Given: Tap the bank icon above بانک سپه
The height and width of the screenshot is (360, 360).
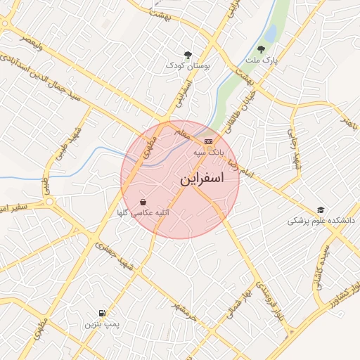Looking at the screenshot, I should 207,141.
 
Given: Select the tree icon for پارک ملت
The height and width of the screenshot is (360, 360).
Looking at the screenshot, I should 261,50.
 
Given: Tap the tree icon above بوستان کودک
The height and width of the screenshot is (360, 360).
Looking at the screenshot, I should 188,54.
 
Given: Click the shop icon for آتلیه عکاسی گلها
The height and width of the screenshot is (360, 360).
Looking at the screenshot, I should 143,201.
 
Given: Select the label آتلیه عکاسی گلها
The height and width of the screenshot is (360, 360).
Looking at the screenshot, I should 141,212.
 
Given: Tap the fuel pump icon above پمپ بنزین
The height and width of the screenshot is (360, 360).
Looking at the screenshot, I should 103,313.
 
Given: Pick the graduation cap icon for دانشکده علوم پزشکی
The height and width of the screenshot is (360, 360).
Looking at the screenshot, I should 321,210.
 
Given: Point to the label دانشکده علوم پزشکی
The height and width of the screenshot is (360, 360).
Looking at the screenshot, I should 321,220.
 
